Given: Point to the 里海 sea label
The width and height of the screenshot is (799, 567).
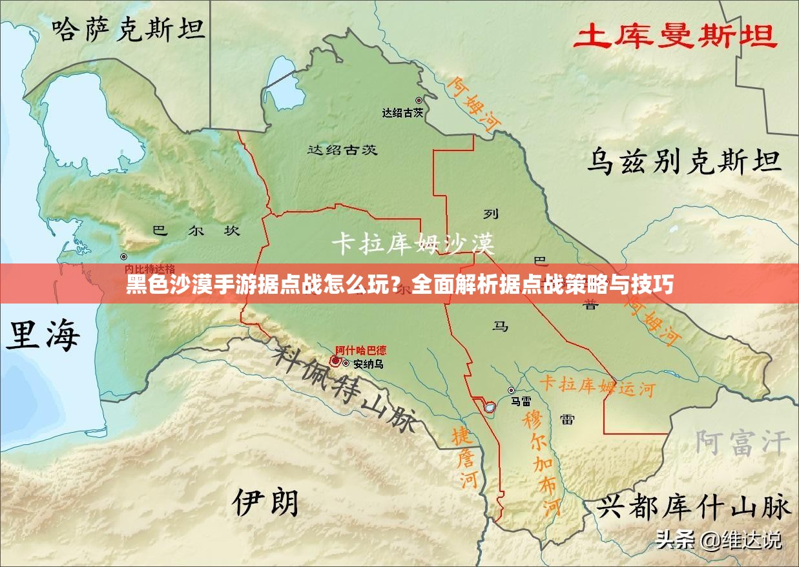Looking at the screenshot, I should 43,336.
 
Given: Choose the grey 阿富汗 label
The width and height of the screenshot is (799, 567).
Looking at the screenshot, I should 742,443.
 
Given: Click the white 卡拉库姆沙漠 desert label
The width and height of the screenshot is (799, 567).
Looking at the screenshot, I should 413,243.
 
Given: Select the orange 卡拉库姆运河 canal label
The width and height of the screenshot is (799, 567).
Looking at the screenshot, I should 597,386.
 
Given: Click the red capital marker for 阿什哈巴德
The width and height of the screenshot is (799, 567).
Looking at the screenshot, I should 335,361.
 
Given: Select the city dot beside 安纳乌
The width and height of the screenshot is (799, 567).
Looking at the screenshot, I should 346,364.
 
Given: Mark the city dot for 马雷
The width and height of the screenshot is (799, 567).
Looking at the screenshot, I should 511,390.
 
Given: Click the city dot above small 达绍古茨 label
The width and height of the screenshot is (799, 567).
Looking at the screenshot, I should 419,100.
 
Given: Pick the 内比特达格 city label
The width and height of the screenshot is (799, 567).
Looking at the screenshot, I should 149,268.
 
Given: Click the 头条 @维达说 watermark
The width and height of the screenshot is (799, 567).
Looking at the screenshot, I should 718,539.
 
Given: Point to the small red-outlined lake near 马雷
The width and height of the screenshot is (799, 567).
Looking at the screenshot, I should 490,406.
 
